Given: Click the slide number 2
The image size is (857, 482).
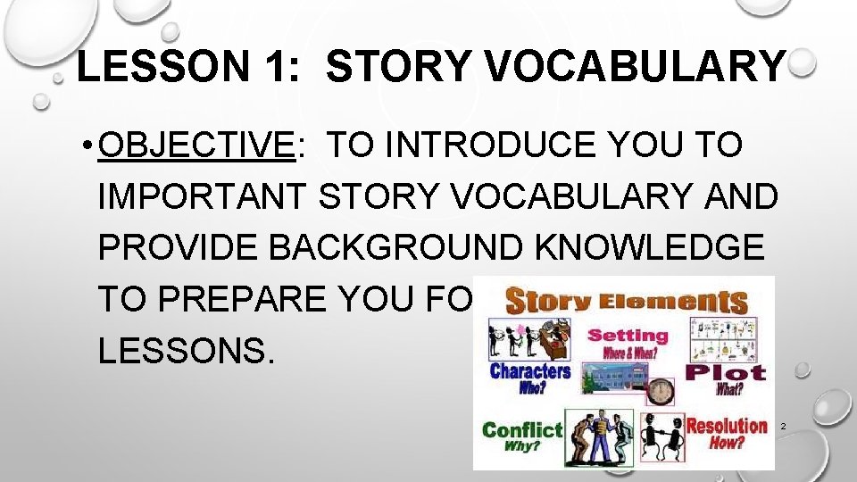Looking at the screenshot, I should coord(783,427).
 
